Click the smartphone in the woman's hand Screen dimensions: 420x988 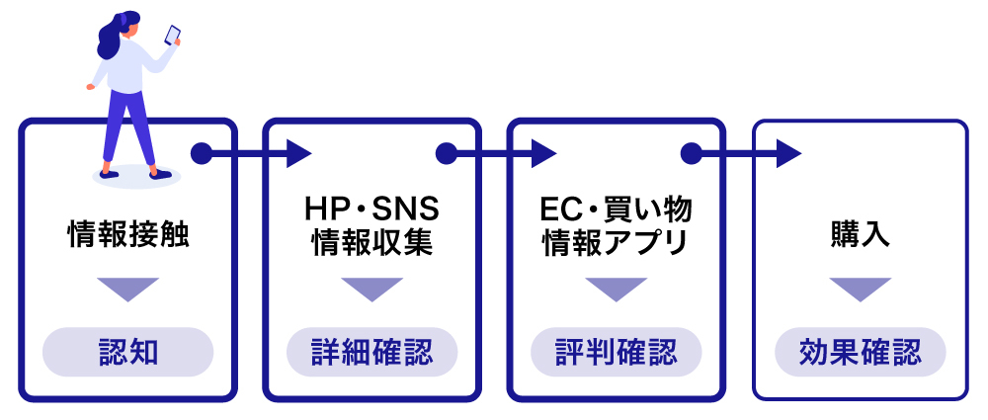click(x=172, y=35)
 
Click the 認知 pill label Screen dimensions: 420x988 click(x=128, y=352)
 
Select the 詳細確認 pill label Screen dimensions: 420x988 click(x=371, y=352)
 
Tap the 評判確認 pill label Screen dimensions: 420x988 click(x=617, y=352)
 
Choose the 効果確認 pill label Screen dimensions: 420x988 click(x=860, y=352)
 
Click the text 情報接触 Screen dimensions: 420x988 click(x=127, y=235)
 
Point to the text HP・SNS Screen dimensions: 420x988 click(x=371, y=211)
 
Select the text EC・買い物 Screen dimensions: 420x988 click(x=617, y=211)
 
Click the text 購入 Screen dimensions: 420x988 click(x=861, y=235)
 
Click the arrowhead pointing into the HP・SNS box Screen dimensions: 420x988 click(x=298, y=153)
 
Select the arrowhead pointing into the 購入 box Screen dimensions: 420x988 click(x=787, y=153)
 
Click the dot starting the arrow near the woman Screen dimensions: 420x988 click(x=202, y=153)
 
